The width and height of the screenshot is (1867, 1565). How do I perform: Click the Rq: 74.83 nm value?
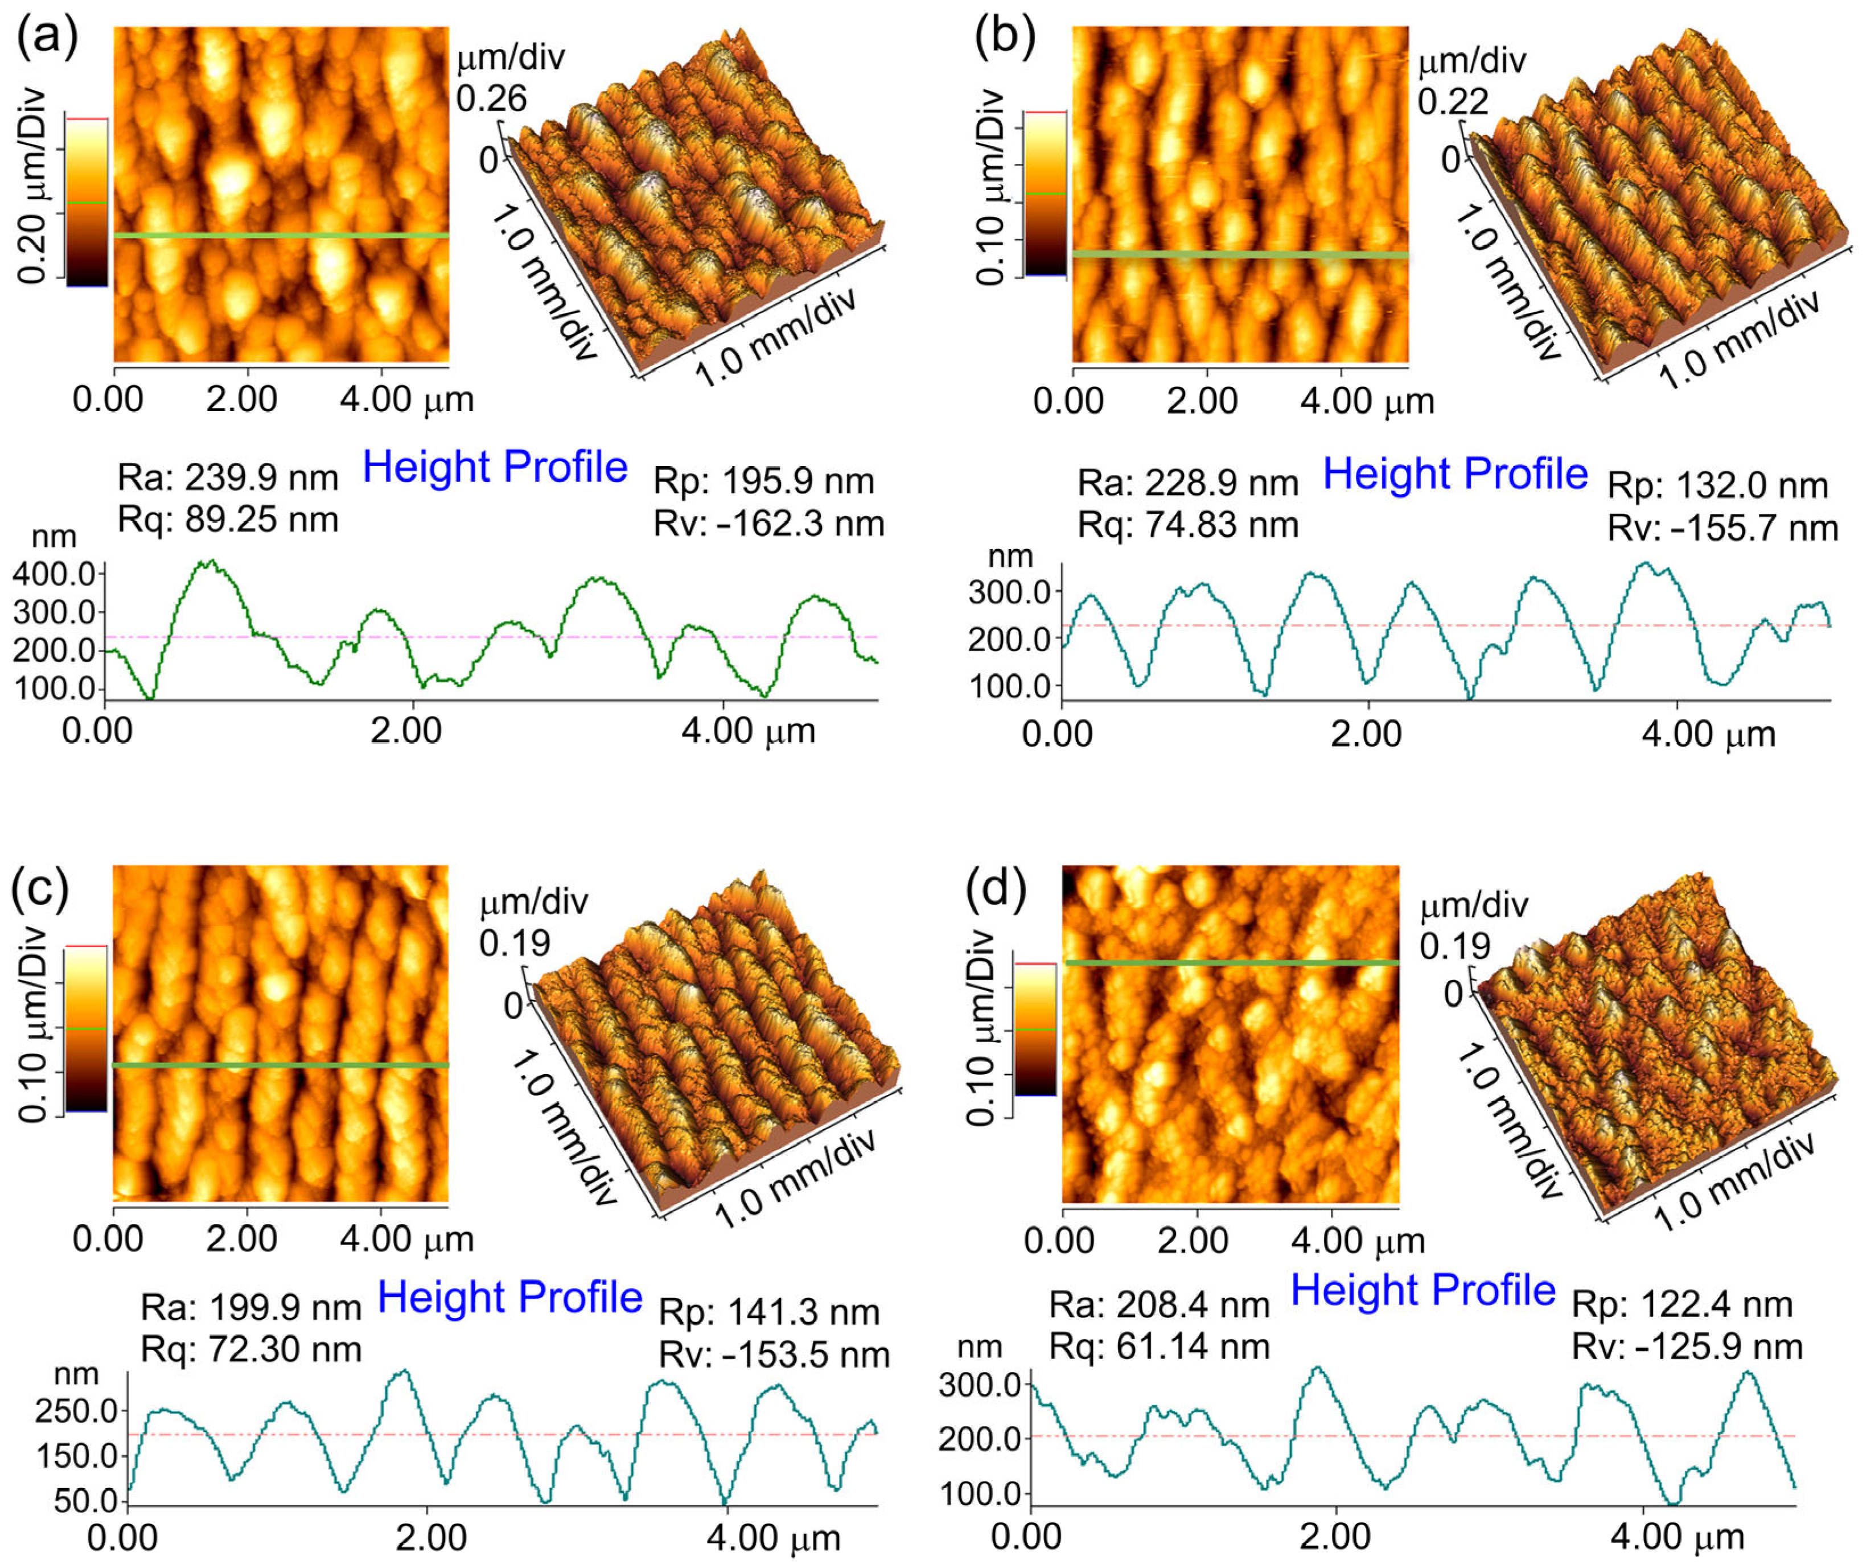tap(1188, 525)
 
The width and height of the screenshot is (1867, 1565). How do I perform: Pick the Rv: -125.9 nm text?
tap(1687, 1347)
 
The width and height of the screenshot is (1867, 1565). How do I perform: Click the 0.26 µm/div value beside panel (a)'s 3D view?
tap(492, 98)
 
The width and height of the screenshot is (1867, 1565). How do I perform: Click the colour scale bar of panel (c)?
tap(87, 1029)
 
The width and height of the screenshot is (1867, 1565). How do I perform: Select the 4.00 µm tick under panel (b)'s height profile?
tap(1708, 735)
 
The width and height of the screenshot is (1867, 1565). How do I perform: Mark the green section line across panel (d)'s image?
tap(1231, 962)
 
